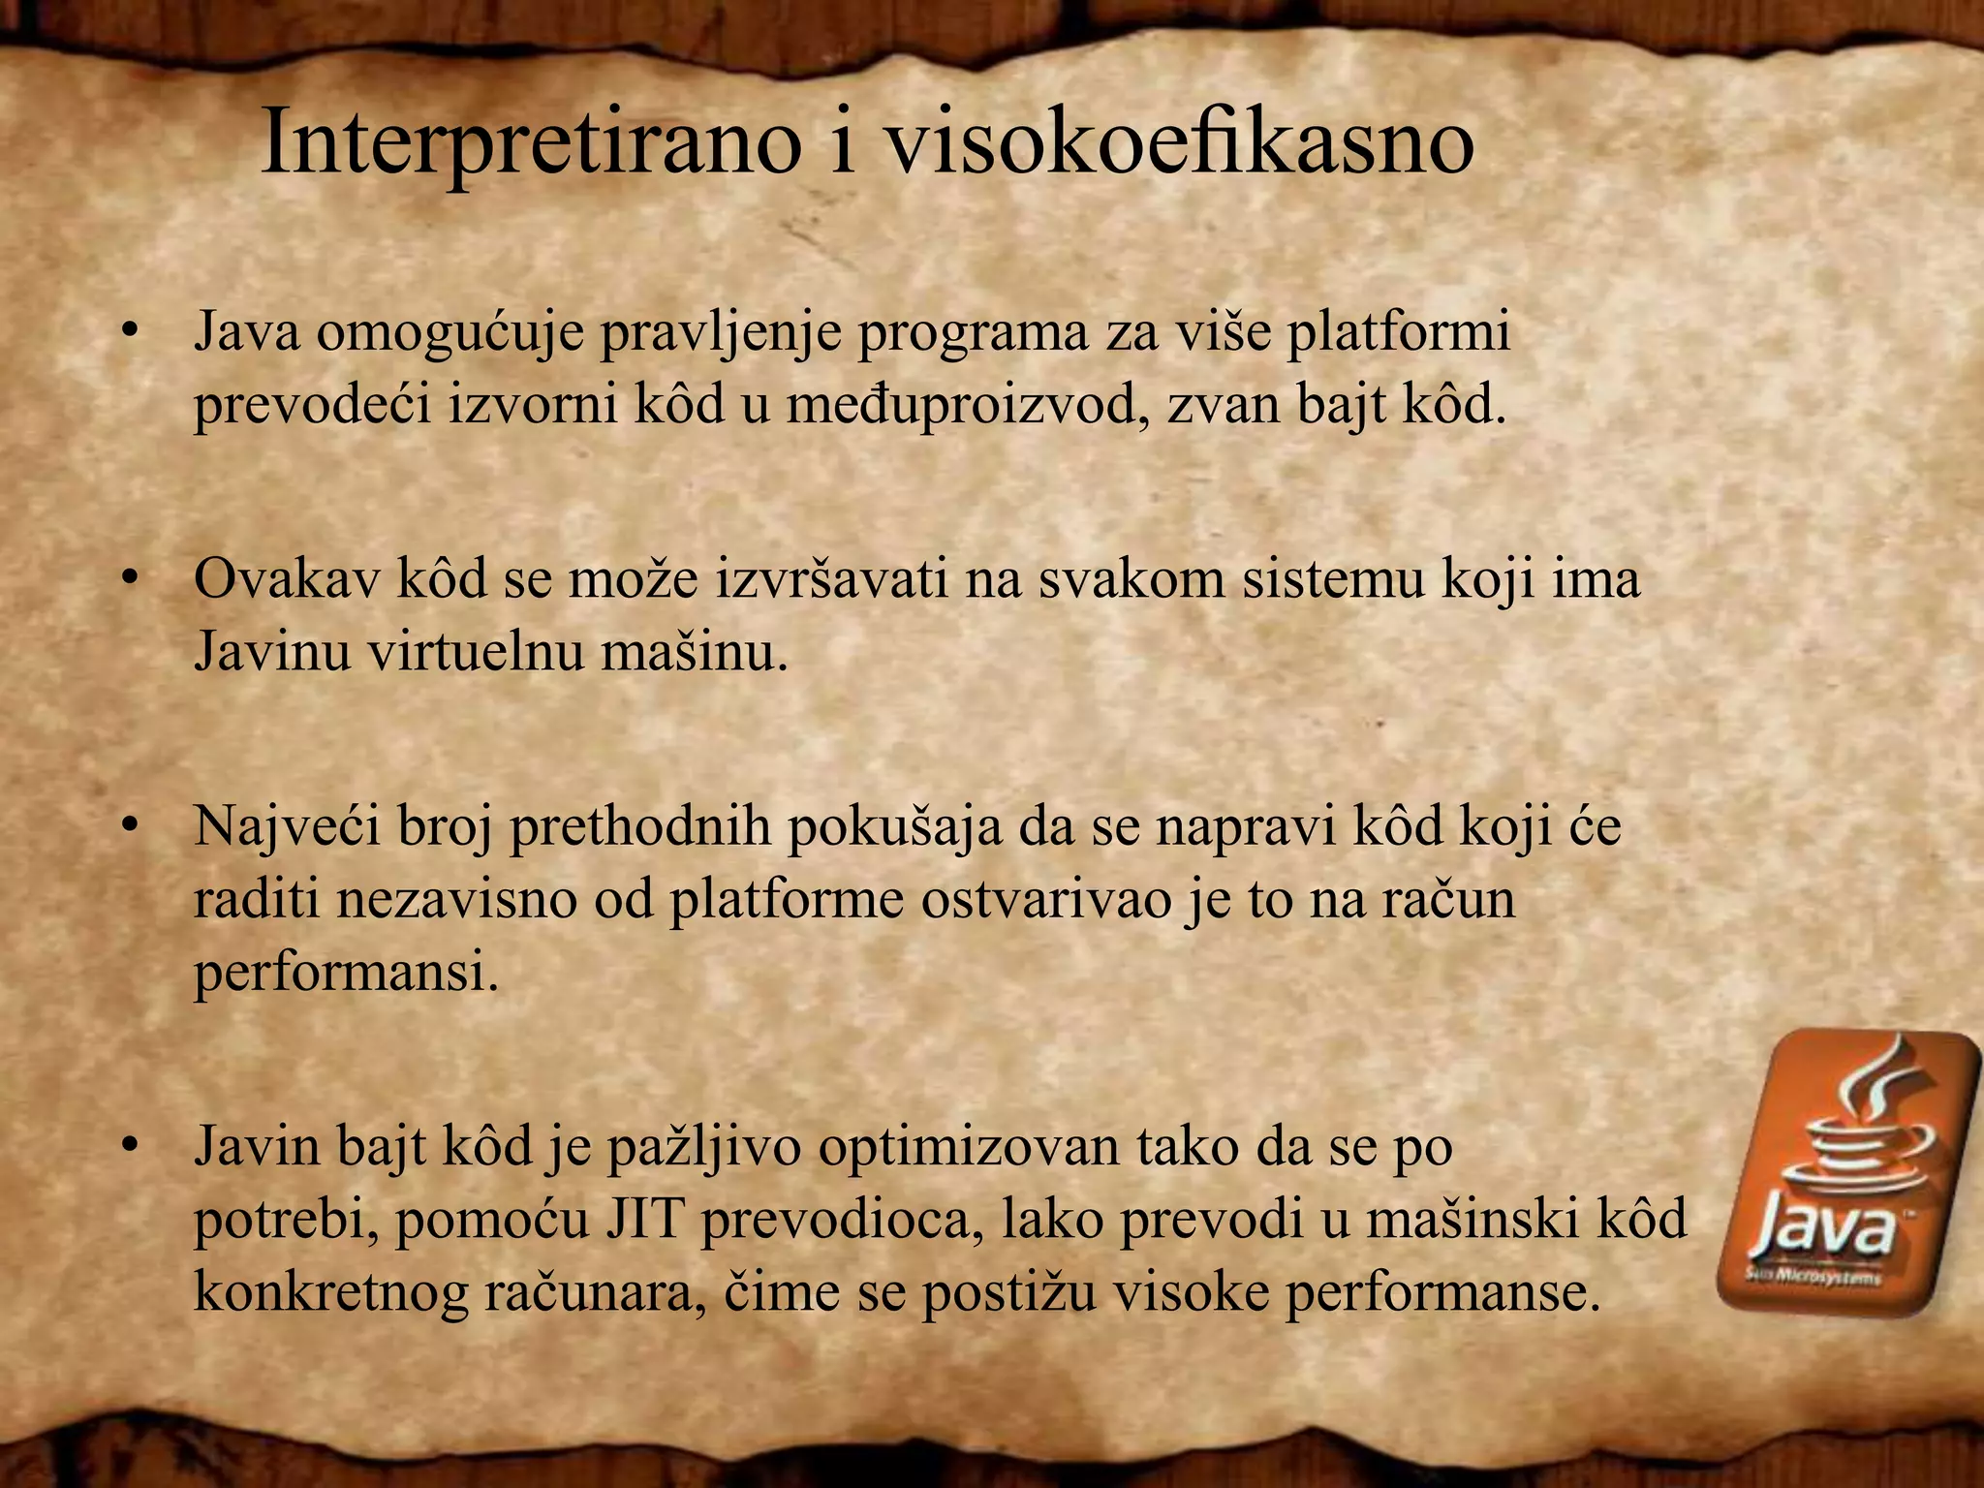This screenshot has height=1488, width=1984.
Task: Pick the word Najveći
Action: (288, 827)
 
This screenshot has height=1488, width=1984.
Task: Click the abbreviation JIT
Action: (645, 1220)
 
